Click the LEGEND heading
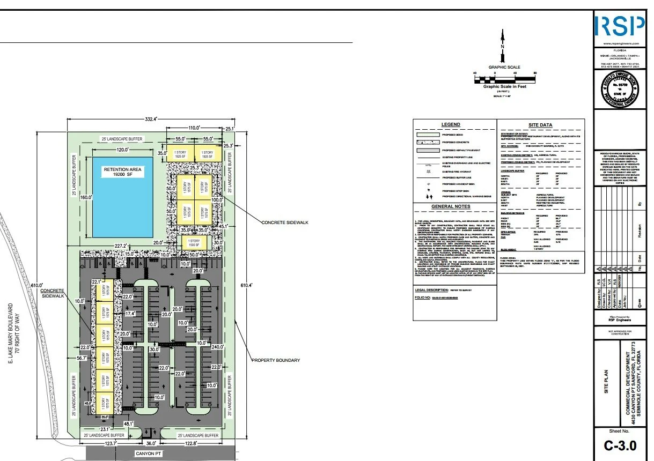point(450,124)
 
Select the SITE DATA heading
point(540,125)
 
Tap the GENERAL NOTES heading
point(451,206)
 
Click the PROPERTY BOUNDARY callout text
point(276,360)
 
